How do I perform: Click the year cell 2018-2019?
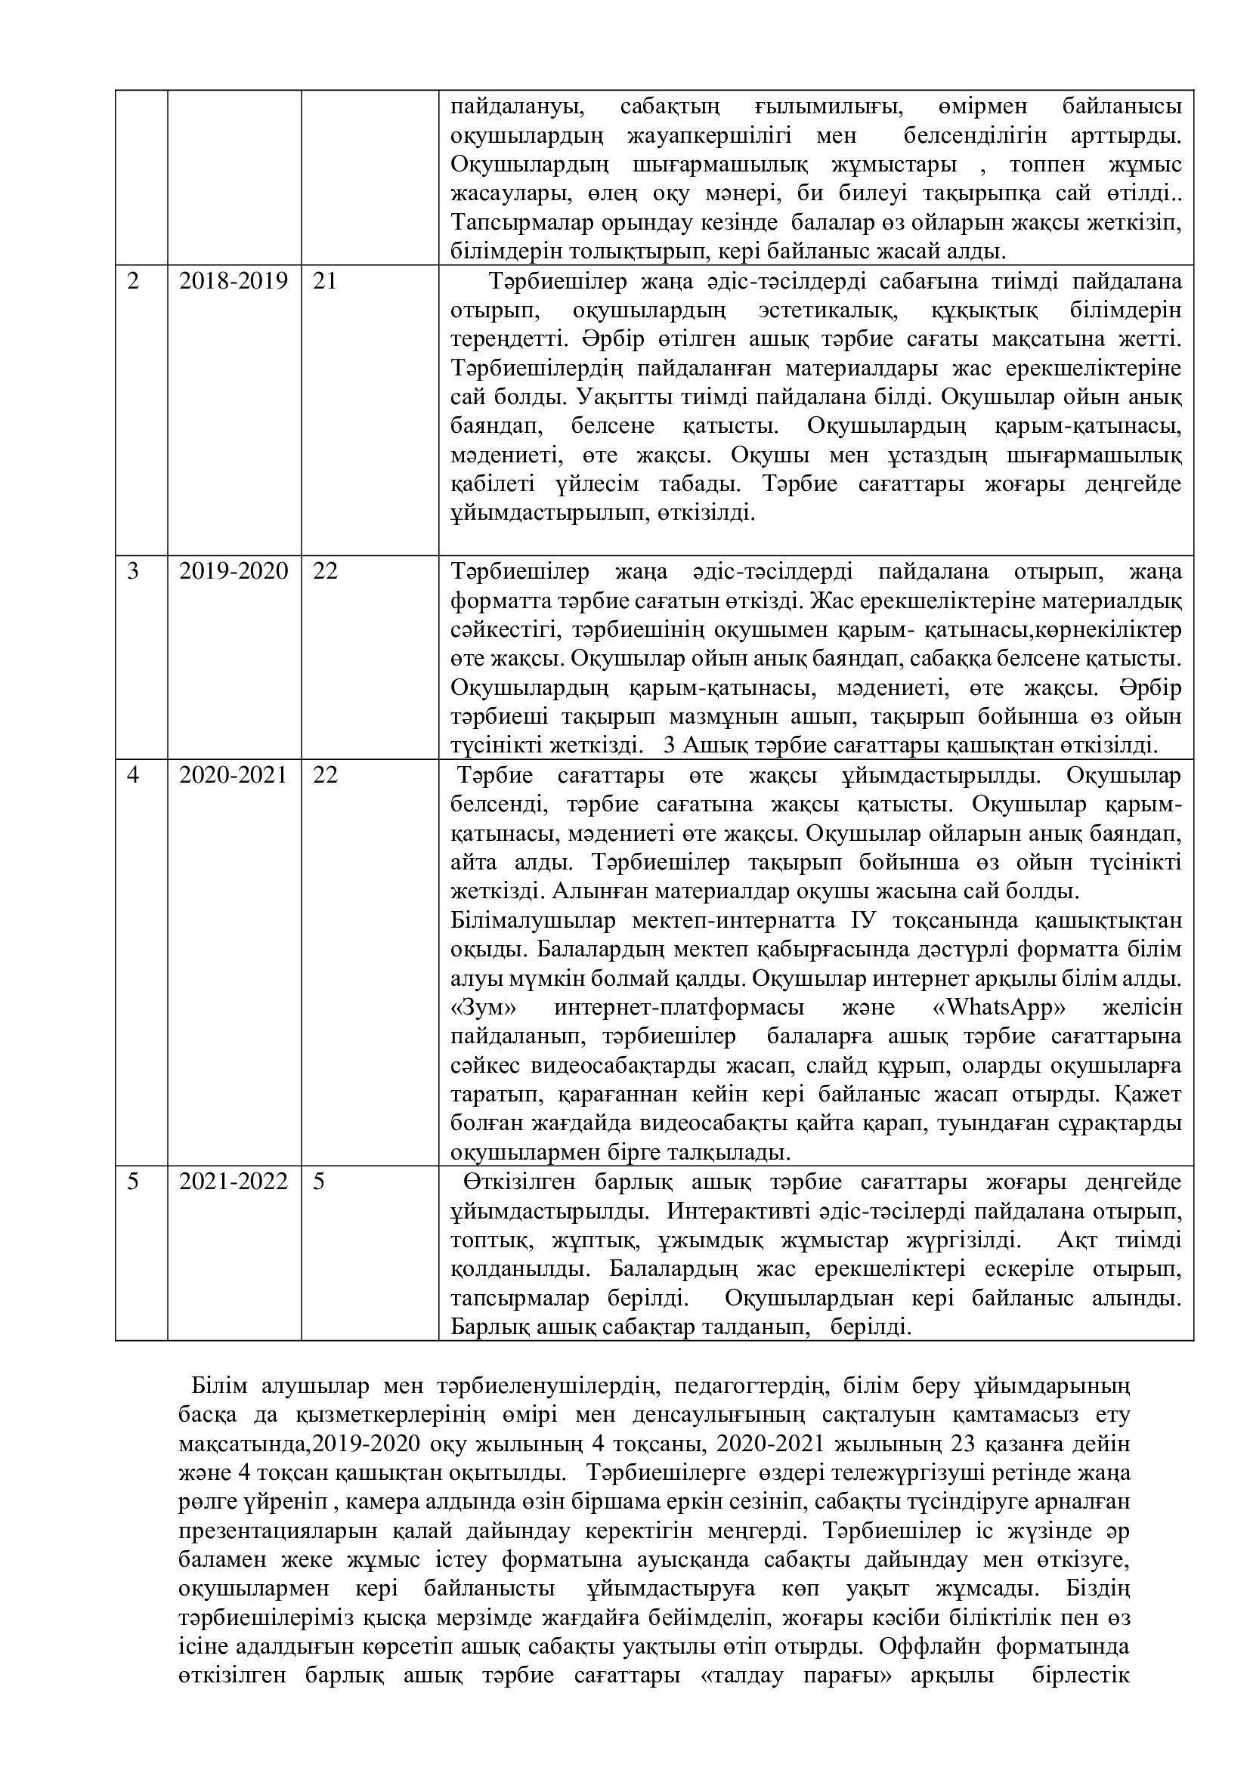coord(234,282)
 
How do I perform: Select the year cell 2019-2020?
coord(234,572)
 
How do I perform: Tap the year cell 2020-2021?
coord(234,775)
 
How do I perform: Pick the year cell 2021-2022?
coord(234,1182)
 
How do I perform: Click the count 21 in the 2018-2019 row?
coord(326,282)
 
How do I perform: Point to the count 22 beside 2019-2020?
coord(326,572)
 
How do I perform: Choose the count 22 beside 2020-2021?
coord(326,775)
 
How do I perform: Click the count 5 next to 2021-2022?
coord(319,1182)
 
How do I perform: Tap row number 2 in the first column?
coord(134,282)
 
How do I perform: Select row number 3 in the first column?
coord(134,572)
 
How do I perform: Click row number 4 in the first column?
coord(134,775)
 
